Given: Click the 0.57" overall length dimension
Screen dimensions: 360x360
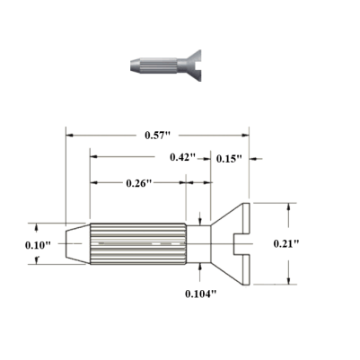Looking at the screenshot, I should pyautogui.click(x=160, y=136).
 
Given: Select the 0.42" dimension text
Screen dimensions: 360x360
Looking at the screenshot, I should pyautogui.click(x=183, y=157).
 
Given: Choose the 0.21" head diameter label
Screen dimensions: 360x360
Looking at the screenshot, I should pyautogui.click(x=312, y=242).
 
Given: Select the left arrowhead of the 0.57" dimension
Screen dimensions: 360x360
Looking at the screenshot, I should pyautogui.click(x=69, y=136).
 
